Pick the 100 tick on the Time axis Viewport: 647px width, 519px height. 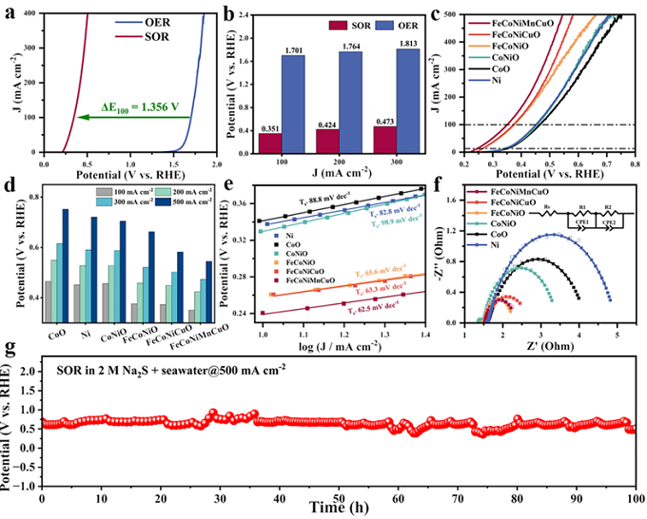[x=632, y=495]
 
